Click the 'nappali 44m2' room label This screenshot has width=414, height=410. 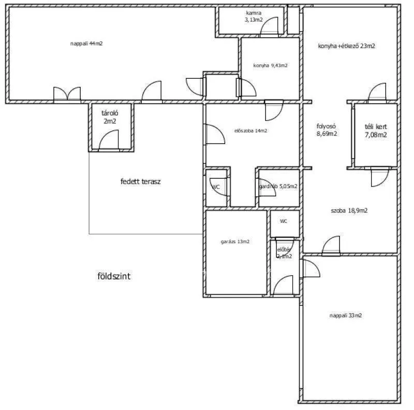pyautogui.click(x=86, y=44)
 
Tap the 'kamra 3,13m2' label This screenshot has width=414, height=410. pyautogui.click(x=254, y=16)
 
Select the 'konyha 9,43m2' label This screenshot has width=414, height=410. pyautogui.click(x=270, y=66)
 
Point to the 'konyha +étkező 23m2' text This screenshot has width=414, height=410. pyautogui.click(x=346, y=46)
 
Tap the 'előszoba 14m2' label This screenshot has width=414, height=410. pyautogui.click(x=250, y=131)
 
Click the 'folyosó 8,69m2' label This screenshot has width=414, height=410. pyautogui.click(x=327, y=130)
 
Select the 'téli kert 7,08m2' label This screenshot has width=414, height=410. pyautogui.click(x=376, y=131)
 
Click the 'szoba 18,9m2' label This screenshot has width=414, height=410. pyautogui.click(x=349, y=210)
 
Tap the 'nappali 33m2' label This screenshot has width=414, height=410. pyautogui.click(x=345, y=315)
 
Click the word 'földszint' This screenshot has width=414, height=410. pyautogui.click(x=114, y=276)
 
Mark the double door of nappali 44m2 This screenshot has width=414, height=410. pyautogui.click(x=67, y=93)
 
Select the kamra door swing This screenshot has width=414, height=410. pyautogui.click(x=270, y=29)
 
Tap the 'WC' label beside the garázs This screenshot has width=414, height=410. pyautogui.click(x=284, y=221)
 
